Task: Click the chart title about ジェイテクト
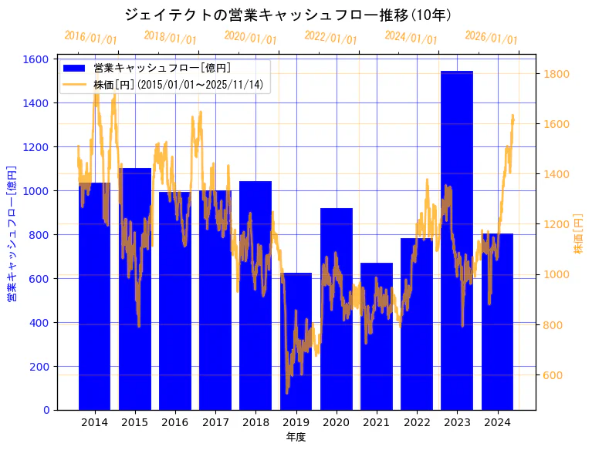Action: pos(288,15)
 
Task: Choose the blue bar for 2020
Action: pos(337,309)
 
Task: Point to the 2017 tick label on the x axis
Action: pos(215,422)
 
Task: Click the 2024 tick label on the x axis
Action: pos(497,422)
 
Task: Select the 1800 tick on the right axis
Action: pos(556,74)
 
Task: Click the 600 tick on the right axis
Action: pos(553,375)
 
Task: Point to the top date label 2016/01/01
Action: pos(91,38)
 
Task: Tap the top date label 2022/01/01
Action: pos(331,38)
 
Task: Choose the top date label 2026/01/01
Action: pos(492,38)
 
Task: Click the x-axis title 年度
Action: pos(296,438)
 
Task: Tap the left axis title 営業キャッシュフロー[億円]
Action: pos(12,234)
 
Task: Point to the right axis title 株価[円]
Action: pos(579,234)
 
